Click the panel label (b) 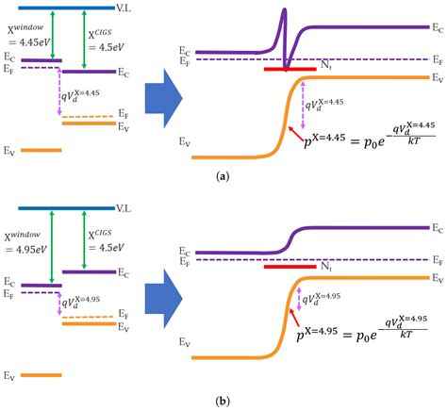point(223,401)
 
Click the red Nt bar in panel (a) point(290,69)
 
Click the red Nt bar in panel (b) point(290,267)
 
